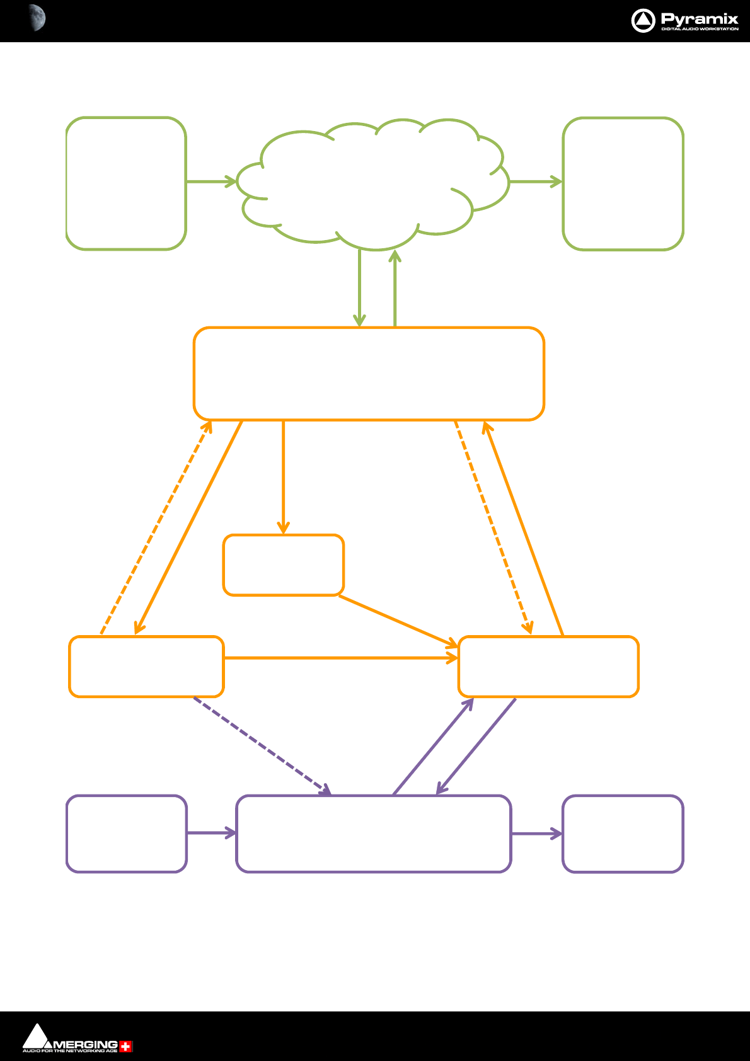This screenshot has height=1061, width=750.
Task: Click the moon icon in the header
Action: point(37,18)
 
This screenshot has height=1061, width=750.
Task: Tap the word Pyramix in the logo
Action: point(699,18)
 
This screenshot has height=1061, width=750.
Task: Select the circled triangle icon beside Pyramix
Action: point(643,21)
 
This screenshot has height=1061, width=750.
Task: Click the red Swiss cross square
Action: point(126,1047)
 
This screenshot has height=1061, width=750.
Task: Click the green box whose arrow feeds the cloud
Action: point(126,183)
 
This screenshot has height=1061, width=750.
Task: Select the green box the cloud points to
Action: point(623,183)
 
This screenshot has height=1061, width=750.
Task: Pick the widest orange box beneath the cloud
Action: point(369,374)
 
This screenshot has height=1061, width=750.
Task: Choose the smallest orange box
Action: point(284,565)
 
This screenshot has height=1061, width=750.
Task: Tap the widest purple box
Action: point(373,834)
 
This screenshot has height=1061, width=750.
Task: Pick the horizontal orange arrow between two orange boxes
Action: point(340,658)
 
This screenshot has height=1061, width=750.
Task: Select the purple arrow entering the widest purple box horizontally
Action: point(211,833)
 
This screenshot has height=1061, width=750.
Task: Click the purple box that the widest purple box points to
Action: point(623,834)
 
